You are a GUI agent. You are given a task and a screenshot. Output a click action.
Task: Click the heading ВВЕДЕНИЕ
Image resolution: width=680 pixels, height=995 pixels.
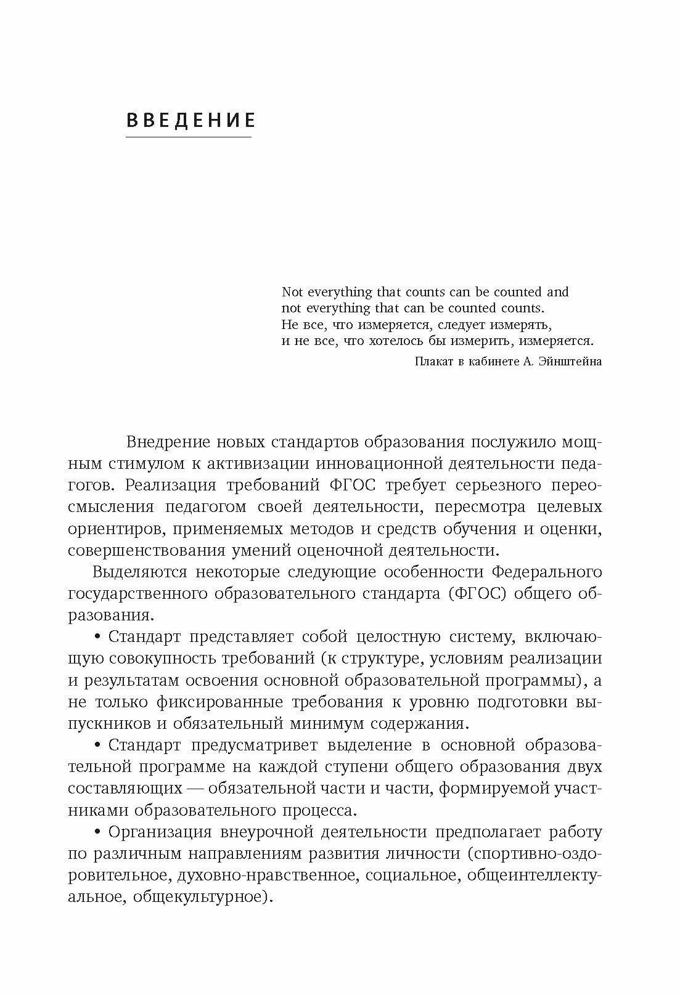coord(190,120)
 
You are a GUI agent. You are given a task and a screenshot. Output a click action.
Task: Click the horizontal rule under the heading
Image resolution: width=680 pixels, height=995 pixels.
coord(189,136)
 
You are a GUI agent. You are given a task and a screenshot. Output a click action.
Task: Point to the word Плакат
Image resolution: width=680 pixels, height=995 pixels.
coord(434,362)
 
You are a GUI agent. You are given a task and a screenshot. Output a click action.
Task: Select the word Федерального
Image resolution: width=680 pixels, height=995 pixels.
coord(547,572)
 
